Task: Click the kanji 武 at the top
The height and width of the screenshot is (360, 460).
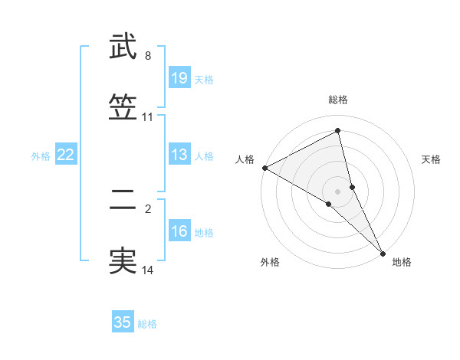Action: (123, 47)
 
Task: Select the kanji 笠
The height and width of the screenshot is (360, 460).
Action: (123, 107)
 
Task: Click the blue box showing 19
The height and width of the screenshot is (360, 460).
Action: (179, 78)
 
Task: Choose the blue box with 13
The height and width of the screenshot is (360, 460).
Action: (179, 155)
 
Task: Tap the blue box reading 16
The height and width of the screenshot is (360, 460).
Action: (179, 232)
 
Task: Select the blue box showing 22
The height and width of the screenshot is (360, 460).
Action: (66, 155)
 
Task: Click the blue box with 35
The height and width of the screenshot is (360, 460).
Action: (123, 322)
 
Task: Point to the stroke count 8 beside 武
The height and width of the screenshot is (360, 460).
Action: (148, 55)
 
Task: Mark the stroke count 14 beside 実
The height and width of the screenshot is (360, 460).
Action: (148, 270)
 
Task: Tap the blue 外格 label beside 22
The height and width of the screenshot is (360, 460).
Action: (41, 156)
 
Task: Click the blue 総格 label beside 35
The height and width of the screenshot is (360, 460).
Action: (147, 324)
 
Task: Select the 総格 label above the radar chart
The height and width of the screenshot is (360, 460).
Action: (338, 100)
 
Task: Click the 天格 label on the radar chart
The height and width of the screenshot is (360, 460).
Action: (432, 159)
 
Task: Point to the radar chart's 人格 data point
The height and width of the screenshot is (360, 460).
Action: (264, 167)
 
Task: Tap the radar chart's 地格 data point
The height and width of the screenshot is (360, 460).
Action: (383, 252)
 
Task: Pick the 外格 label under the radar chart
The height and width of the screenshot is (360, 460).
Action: (270, 262)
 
